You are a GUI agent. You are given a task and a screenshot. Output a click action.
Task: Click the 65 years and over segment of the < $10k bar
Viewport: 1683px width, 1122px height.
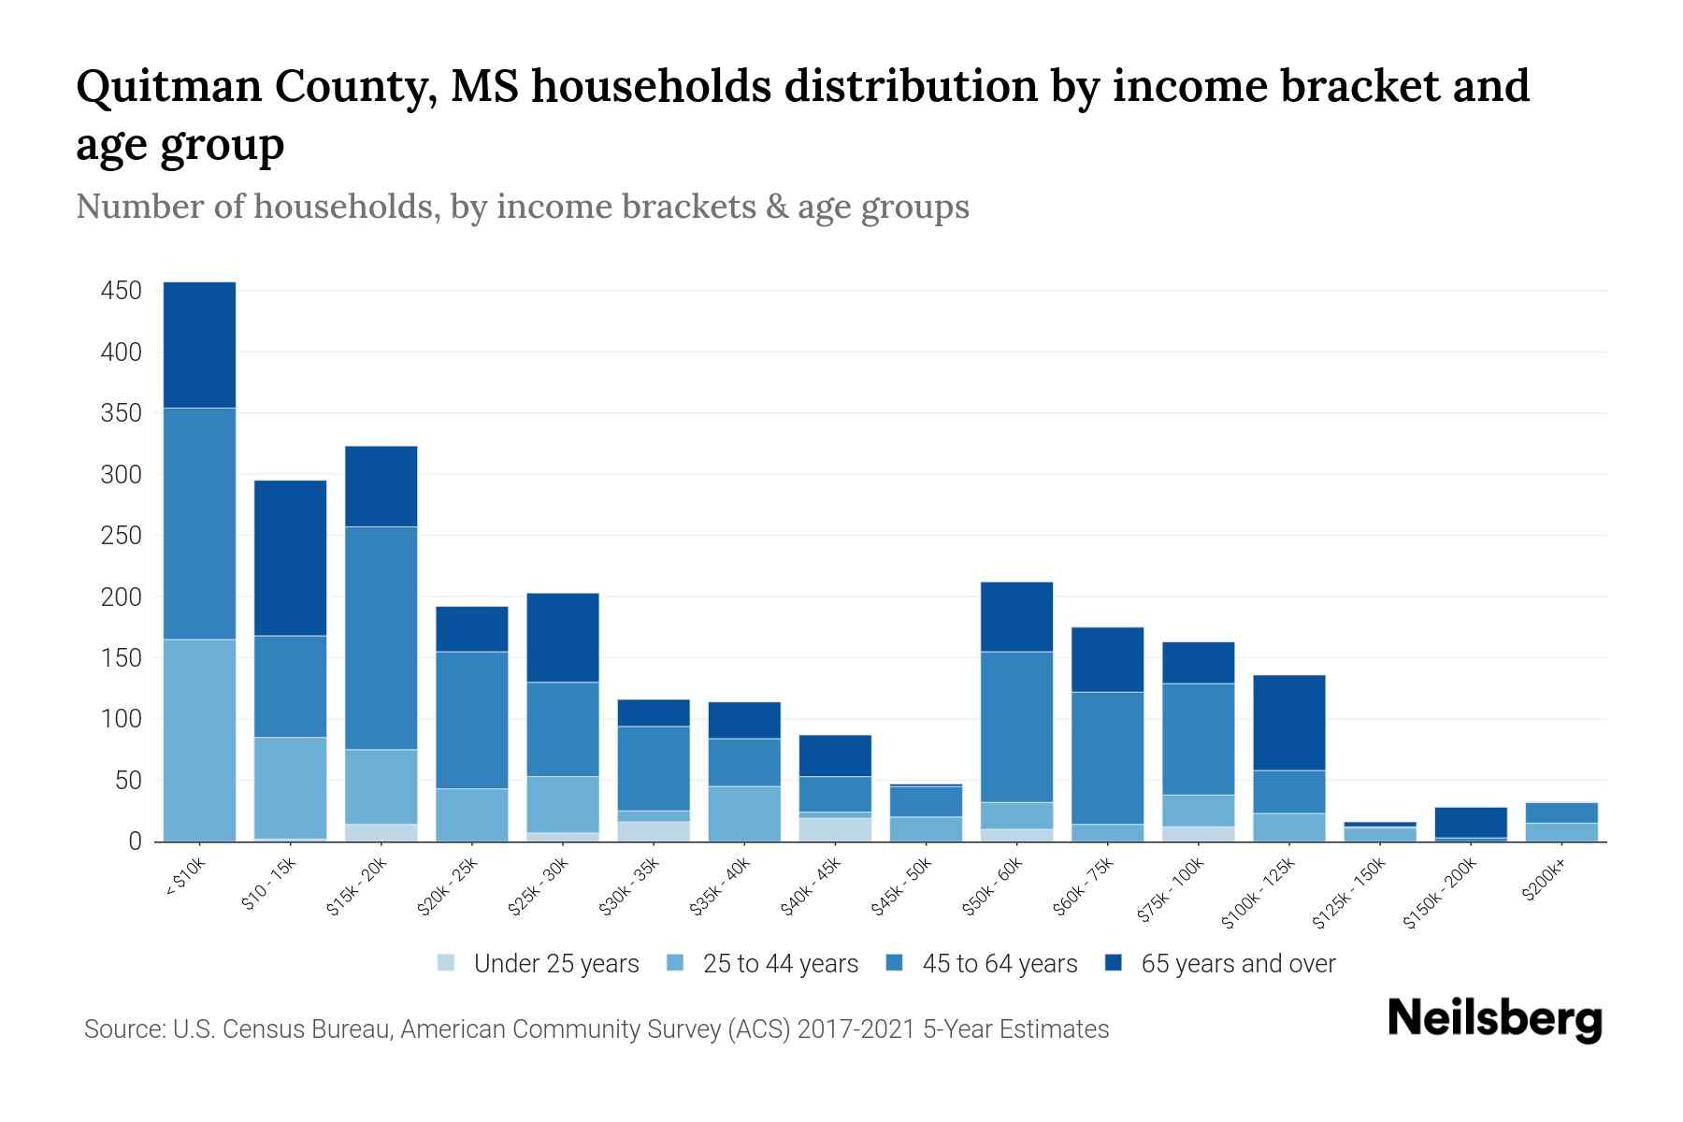pyautogui.click(x=199, y=345)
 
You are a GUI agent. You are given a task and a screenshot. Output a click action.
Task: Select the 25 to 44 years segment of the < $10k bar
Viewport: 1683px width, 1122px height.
pyautogui.click(x=199, y=740)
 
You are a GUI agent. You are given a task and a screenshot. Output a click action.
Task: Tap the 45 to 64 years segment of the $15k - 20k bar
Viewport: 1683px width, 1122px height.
pyautogui.click(x=381, y=638)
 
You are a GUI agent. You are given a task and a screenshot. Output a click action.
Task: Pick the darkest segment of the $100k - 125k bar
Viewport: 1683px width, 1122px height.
pyautogui.click(x=1289, y=723)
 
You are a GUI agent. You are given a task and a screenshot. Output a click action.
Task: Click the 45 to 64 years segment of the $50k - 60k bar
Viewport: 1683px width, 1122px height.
pyautogui.click(x=1016, y=726)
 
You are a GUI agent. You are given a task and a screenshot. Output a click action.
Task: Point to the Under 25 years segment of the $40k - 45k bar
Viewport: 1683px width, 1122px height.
pyautogui.click(x=835, y=829)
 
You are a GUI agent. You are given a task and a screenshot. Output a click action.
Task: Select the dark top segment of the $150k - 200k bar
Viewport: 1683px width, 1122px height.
pyautogui.click(x=1471, y=822)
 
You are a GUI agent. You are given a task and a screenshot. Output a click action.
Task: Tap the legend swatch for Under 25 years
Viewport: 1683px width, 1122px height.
pyautogui.click(x=447, y=963)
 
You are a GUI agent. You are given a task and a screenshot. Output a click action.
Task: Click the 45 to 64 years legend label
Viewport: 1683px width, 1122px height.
pyautogui.click(x=1000, y=963)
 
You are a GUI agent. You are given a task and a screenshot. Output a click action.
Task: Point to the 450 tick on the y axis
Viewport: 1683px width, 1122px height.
pyautogui.click(x=122, y=291)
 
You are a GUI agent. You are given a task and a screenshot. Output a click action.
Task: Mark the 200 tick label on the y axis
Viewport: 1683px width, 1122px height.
pyautogui.click(x=122, y=597)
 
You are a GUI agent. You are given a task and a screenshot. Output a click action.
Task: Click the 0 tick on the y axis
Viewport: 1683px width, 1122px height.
pyautogui.click(x=135, y=841)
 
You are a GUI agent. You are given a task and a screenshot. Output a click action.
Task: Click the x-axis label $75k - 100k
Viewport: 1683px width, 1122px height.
pyautogui.click(x=1171, y=892)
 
